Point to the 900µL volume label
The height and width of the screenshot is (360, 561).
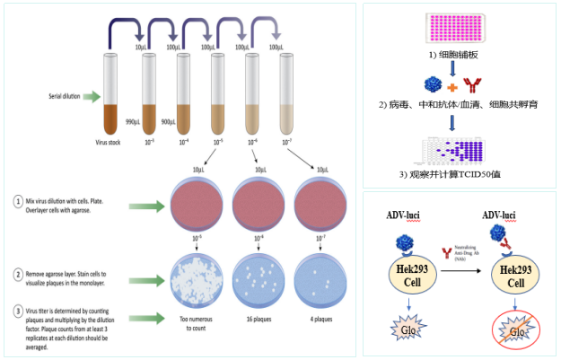tap(168, 120)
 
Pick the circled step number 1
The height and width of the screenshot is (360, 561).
tap(18, 200)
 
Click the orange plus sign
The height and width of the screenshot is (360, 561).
tap(451, 87)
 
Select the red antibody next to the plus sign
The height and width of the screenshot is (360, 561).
tap(469, 87)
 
